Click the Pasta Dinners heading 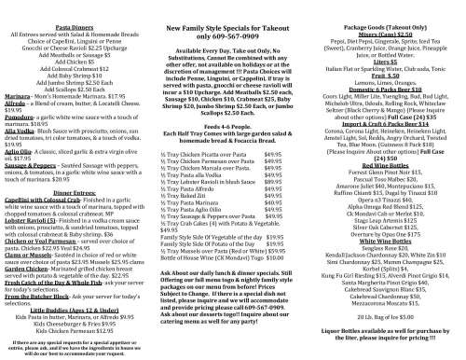[x=78, y=31]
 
